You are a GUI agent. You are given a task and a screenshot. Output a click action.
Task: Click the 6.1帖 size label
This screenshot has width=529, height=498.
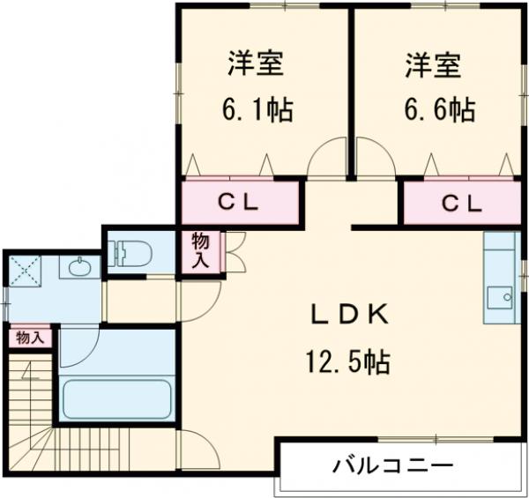(256, 110)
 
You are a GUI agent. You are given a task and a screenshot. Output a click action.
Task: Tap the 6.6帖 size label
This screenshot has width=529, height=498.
(440, 110)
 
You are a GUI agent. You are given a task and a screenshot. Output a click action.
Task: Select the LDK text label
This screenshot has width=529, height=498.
(348, 315)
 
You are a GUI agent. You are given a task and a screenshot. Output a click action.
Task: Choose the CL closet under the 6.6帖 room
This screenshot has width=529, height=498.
(461, 204)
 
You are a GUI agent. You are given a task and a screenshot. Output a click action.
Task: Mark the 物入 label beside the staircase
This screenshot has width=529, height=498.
(29, 338)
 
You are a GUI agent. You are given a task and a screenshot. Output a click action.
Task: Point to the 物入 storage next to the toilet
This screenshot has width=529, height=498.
(201, 249)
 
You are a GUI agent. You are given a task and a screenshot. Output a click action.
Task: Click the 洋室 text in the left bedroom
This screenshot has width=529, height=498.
(256, 65)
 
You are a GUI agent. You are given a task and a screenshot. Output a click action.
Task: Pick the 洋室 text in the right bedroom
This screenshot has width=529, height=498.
(434, 65)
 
